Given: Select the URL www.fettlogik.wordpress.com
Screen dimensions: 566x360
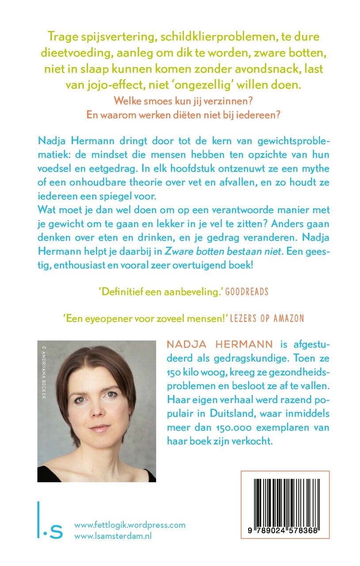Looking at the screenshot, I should point(130,525).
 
